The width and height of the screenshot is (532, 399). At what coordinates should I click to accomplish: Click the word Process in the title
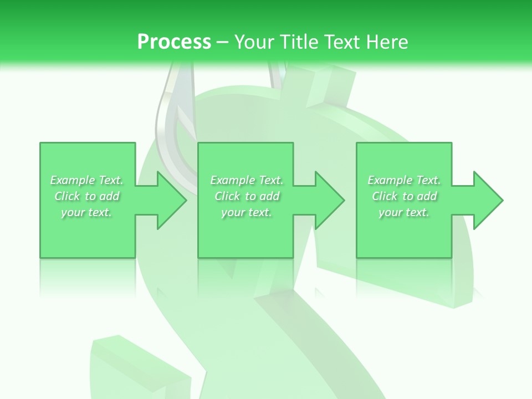tap(174, 42)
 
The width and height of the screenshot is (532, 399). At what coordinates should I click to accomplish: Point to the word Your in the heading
tap(255, 42)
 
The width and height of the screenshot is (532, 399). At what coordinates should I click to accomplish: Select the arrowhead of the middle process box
tap(329, 200)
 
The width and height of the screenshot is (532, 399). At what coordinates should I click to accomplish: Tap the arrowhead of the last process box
tap(487, 200)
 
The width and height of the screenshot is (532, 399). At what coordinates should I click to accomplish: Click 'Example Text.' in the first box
tap(87, 180)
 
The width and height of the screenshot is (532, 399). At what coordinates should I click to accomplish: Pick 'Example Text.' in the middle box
tap(247, 180)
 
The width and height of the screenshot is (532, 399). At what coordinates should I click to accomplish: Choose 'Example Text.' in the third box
tap(404, 180)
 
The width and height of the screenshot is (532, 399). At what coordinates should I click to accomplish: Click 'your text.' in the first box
tap(86, 212)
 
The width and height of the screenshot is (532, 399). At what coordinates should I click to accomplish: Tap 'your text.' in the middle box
tap(246, 212)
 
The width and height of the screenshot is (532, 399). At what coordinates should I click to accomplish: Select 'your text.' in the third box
tap(404, 212)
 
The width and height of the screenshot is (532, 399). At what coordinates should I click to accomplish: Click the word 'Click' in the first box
tap(67, 196)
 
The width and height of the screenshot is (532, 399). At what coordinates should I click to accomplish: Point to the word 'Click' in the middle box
tap(227, 196)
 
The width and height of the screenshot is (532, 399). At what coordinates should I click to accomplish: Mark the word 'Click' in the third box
tap(385, 196)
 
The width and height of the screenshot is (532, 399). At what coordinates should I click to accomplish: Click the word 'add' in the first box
tap(110, 196)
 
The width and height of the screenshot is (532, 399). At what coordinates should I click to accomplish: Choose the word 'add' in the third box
tap(427, 196)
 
